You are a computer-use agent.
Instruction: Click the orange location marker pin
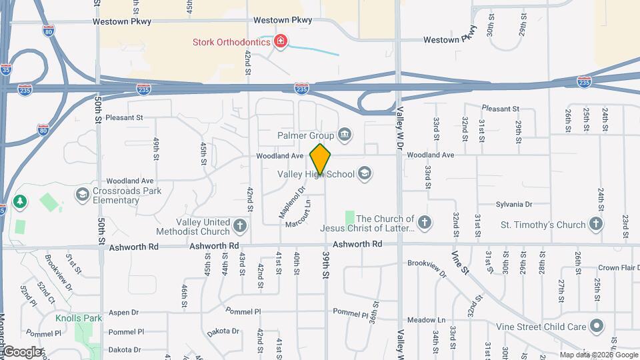click(321, 159)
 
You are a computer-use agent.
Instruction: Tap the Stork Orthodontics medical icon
click(281, 43)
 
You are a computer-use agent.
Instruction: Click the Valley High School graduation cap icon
click(364, 174)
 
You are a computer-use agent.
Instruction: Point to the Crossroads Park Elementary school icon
click(82, 195)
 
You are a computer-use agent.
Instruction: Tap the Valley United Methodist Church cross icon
click(240, 227)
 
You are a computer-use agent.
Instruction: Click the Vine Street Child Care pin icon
click(597, 327)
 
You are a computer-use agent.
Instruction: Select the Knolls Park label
click(79, 319)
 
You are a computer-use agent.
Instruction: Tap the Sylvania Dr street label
click(514, 205)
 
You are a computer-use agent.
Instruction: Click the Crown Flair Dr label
click(619, 268)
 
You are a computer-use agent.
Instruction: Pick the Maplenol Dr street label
click(291, 203)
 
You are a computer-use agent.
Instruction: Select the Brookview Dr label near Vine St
click(427, 269)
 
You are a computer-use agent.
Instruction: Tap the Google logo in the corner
click(23, 351)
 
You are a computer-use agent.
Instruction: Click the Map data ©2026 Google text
click(598, 355)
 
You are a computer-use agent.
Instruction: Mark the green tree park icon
click(21, 201)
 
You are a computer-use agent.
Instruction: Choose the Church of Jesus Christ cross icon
click(425, 223)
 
